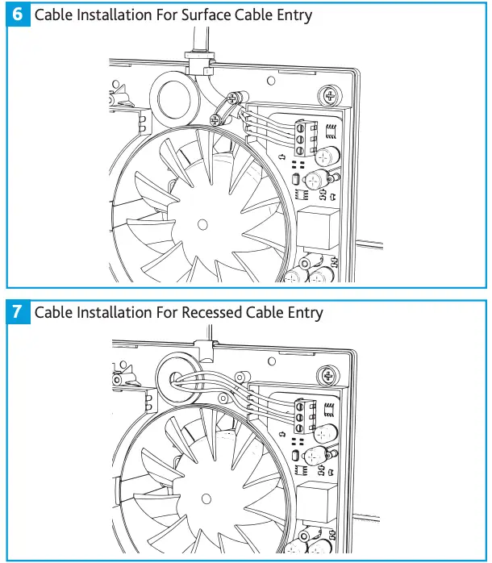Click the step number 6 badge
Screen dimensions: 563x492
(18, 15)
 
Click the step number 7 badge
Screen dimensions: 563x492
(18, 312)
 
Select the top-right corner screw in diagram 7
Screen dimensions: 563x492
(328, 374)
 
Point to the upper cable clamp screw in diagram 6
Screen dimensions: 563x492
(232, 98)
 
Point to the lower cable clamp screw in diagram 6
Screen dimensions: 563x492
(215, 119)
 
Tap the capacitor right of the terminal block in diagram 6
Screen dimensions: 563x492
(328, 155)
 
